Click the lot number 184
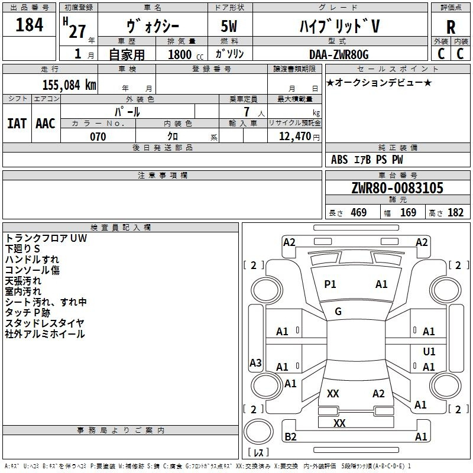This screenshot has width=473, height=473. coord(30,25)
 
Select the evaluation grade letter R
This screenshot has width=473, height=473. coord(451,27)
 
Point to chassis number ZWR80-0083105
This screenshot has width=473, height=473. coord(397,188)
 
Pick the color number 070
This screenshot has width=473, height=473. coord(98,137)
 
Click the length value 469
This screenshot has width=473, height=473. coord(358,213)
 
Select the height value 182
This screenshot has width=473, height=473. coord(456,213)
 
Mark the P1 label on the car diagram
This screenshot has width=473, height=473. coord(330,284)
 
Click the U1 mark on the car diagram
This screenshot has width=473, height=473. coord(429,352)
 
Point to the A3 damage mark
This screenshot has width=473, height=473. coord(255,363)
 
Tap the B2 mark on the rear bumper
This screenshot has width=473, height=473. coord(290,437)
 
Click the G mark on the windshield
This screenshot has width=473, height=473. coord(338,312)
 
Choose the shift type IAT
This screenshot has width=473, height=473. coord(17,123)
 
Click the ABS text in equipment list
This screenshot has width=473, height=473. coord(339,160)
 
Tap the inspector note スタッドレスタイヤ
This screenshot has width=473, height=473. coord(45,323)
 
